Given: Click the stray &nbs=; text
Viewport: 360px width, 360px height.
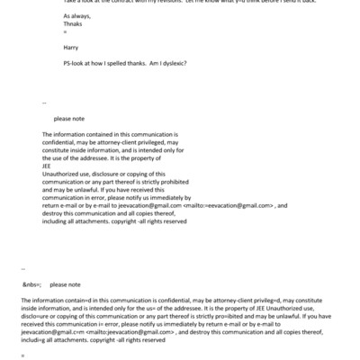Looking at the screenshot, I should (x=32, y=283).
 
